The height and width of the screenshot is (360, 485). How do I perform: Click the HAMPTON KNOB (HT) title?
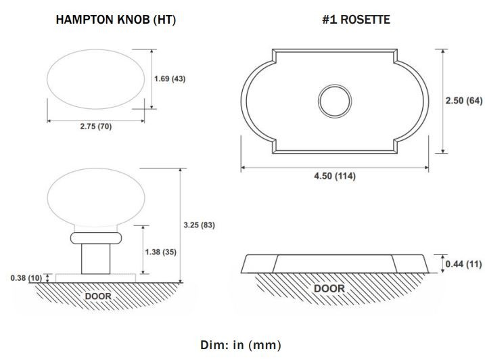coord(116,20)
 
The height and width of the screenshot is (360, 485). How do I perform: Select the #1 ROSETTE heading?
coord(356,20)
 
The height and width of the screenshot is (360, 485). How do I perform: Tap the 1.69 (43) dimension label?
coord(170,78)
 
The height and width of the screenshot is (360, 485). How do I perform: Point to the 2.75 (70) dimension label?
coord(96,127)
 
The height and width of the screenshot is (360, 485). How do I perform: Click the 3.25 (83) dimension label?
coord(199,225)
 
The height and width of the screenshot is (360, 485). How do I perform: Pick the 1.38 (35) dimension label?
coord(161,252)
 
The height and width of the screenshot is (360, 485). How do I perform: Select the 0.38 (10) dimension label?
coord(26,278)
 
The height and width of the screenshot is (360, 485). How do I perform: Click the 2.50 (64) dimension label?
coord(464,101)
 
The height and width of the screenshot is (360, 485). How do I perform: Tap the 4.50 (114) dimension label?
coord(335,176)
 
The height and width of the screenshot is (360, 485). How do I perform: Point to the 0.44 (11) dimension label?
coord(463,264)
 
